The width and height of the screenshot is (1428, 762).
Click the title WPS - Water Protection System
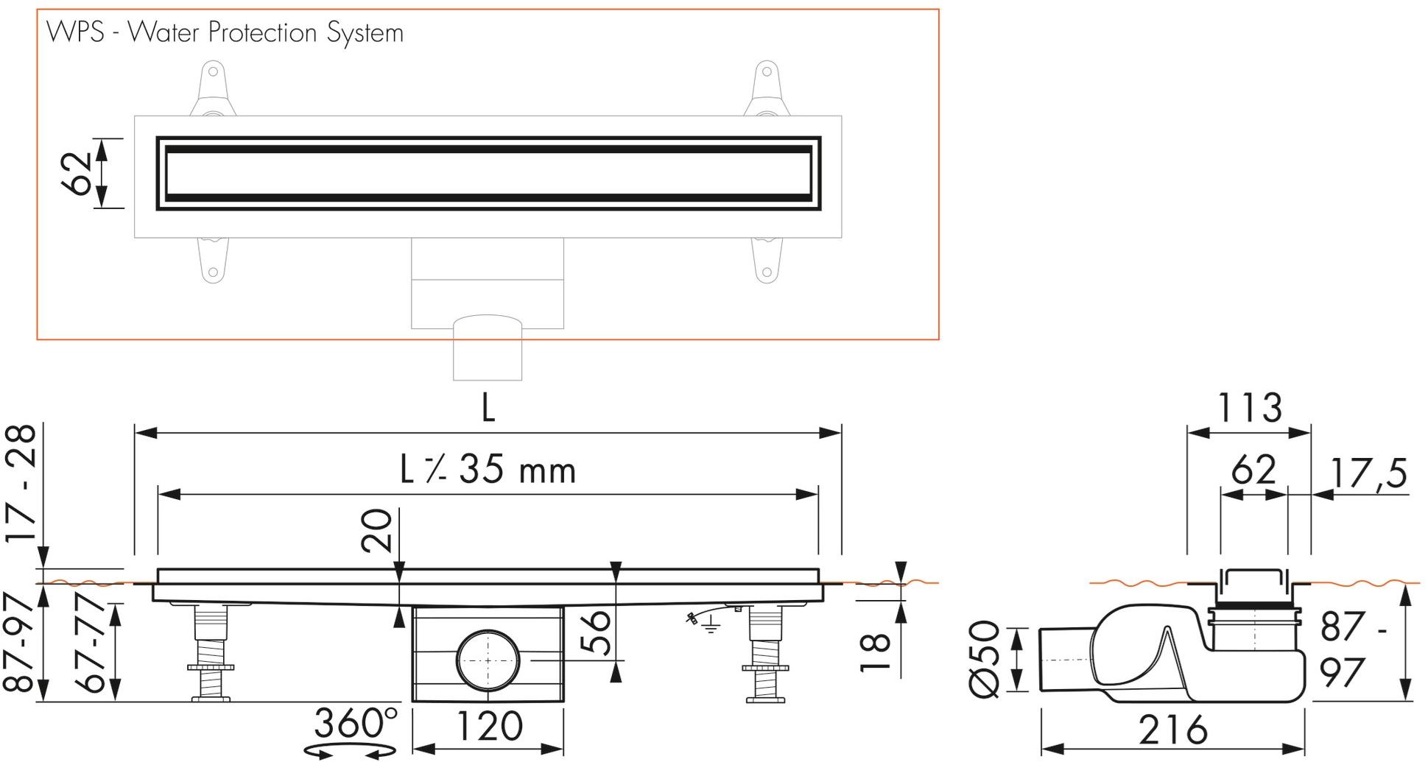(225, 33)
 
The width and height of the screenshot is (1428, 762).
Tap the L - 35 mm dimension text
(488, 470)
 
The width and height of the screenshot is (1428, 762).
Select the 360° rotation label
(356, 724)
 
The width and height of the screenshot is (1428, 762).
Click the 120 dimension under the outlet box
(488, 726)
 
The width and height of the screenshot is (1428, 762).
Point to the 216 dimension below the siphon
(1173, 730)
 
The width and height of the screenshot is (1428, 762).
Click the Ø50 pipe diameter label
(985, 660)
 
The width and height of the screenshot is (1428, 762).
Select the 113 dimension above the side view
(1249, 408)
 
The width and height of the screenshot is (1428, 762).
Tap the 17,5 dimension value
(1369, 473)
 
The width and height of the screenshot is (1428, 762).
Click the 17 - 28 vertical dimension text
(22, 484)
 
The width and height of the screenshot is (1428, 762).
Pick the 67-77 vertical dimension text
(94, 647)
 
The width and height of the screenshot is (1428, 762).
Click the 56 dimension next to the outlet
(597, 631)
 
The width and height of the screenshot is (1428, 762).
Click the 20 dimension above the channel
(378, 530)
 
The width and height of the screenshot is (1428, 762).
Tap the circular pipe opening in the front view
(488, 660)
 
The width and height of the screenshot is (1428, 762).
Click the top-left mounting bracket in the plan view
(212, 90)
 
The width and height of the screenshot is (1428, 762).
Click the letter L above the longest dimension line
(488, 408)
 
